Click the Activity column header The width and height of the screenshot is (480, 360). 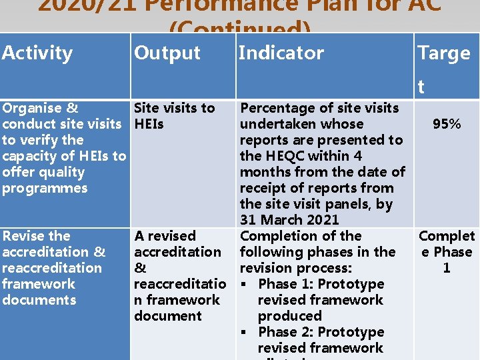[x=37, y=53]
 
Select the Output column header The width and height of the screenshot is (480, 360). [x=167, y=53]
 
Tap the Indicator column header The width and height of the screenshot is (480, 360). [x=281, y=53]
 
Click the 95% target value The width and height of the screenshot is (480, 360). [x=447, y=124]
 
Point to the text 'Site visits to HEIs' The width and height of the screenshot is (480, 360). [x=174, y=115]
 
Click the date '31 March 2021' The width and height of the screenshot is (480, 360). [x=289, y=219]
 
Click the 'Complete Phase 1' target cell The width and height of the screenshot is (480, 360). [x=447, y=251]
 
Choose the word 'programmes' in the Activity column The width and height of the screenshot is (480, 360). [x=45, y=188]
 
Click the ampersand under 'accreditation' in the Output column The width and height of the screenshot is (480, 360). [x=140, y=268]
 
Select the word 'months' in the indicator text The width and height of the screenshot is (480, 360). [x=266, y=172]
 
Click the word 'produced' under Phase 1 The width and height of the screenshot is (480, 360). [x=289, y=316]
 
